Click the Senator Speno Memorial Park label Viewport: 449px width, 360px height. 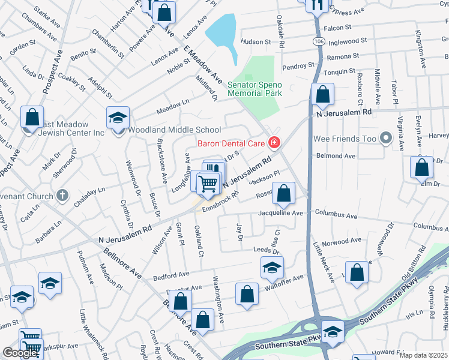255,89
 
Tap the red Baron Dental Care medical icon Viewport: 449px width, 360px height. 274,142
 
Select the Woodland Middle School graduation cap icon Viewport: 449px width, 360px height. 118,118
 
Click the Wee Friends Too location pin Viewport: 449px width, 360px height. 387,139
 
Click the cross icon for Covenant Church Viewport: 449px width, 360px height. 62,196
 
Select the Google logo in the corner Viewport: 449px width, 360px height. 19,353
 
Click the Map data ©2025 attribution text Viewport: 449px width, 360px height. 423,355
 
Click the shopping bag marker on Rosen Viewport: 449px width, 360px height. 285,194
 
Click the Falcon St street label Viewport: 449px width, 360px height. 337,28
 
